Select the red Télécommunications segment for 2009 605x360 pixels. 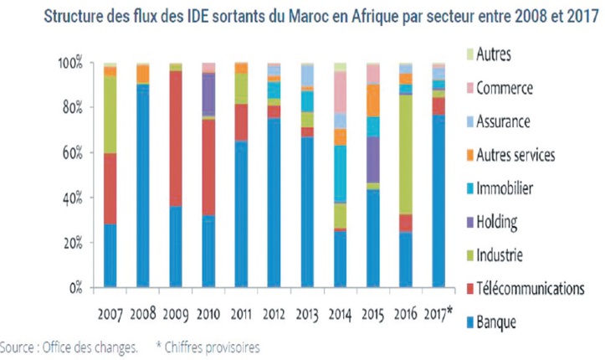pyautogui.click(x=176, y=138)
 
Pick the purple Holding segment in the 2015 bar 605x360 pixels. pyautogui.click(x=373, y=159)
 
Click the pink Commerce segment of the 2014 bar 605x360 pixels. pyautogui.click(x=340, y=91)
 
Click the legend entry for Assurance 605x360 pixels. pyautogui.click(x=502, y=121)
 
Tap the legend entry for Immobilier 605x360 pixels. pyautogui.click(x=504, y=188)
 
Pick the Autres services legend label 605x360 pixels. pyautogui.click(x=515, y=155)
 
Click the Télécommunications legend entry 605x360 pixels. pyautogui.click(x=528, y=288)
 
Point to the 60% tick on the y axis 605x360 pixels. pyautogui.click(x=74, y=153)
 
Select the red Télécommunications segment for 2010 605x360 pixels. pyautogui.click(x=208, y=167)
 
